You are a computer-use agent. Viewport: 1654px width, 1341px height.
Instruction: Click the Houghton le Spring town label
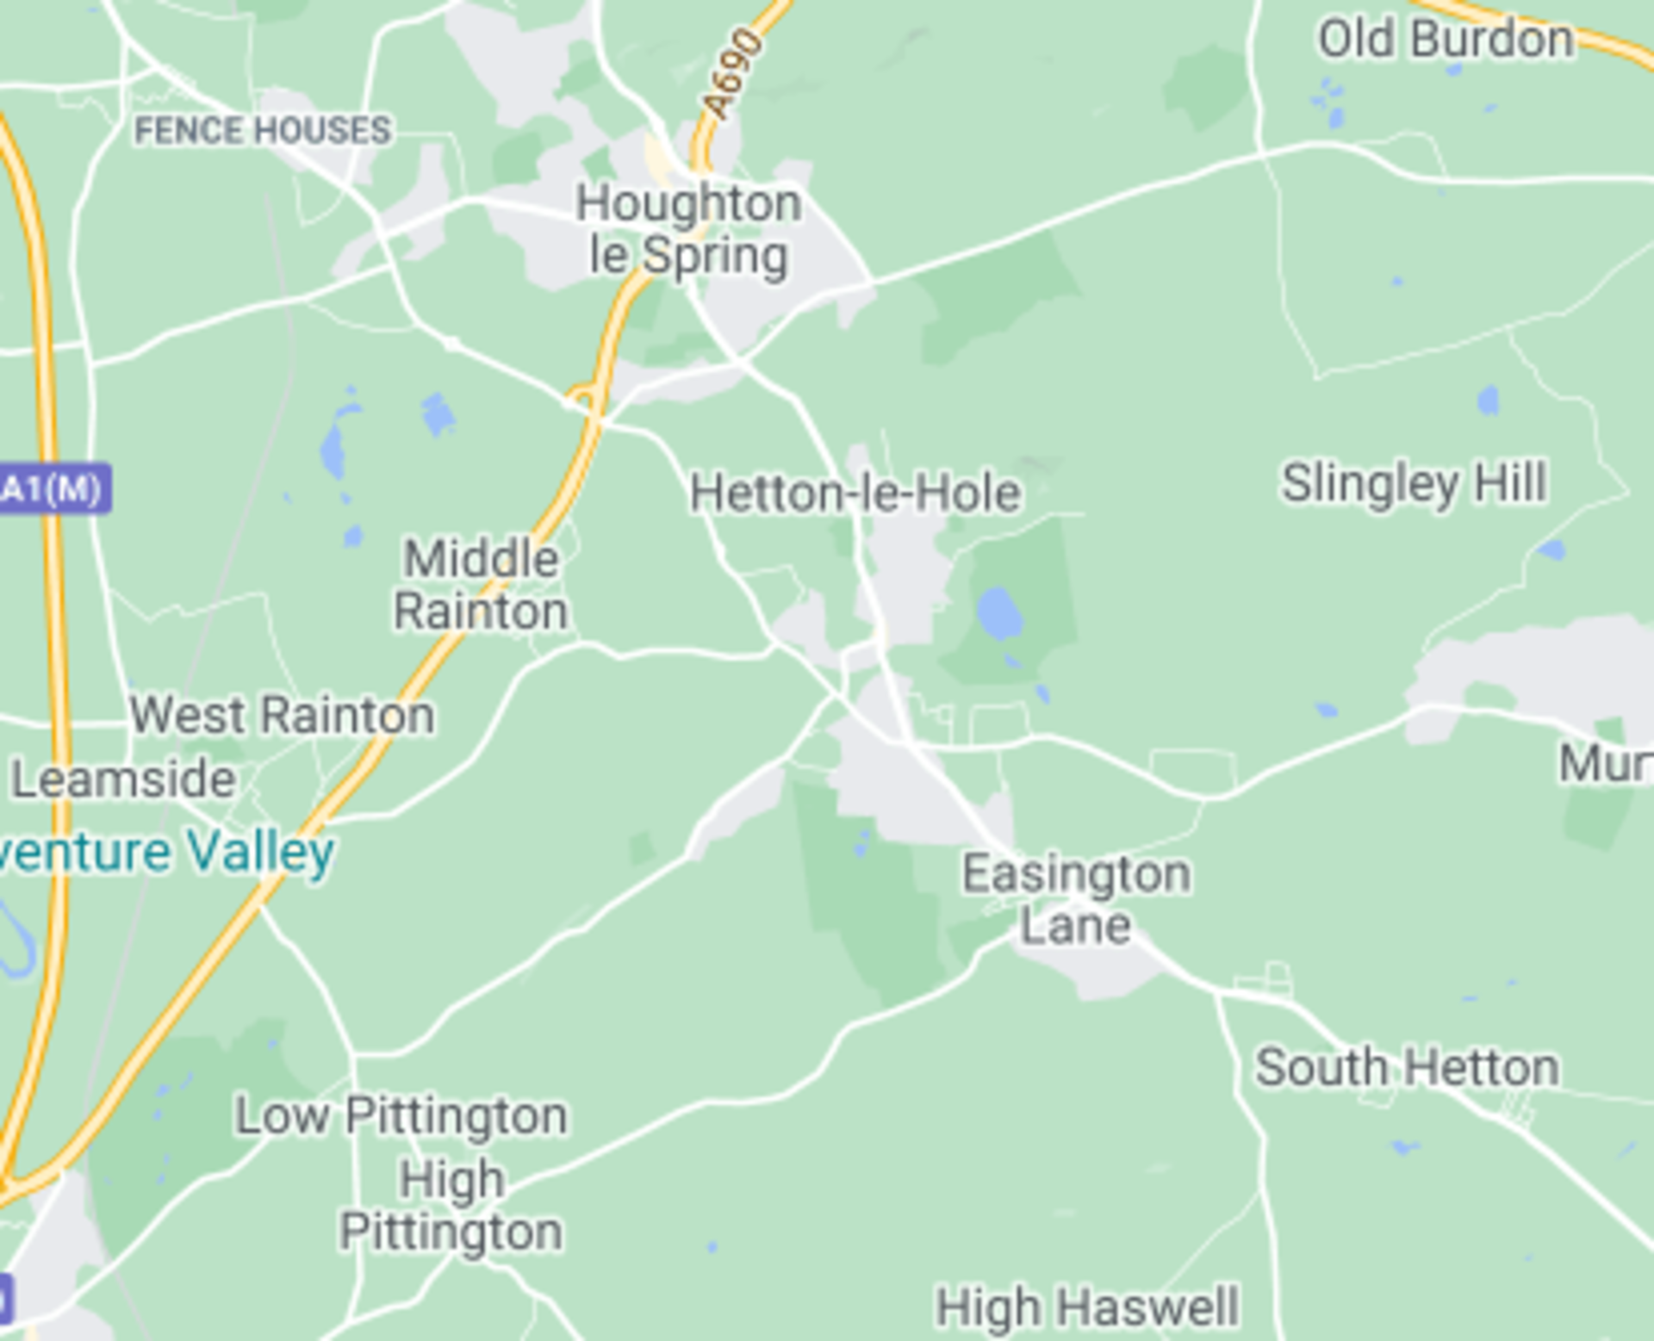[x=688, y=229]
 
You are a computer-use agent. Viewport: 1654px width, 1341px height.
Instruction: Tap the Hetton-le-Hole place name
[x=855, y=494]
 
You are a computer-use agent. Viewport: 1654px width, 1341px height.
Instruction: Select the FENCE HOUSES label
[x=263, y=131]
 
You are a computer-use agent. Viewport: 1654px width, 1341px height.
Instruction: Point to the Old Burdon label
[x=1446, y=40]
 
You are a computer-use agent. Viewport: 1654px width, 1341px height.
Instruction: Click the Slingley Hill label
[x=1414, y=483]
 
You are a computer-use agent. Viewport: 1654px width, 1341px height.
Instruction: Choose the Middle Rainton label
[x=481, y=585]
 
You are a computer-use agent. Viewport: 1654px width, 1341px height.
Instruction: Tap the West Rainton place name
[x=282, y=716]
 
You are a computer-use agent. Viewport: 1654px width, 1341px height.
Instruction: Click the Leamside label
[x=123, y=779]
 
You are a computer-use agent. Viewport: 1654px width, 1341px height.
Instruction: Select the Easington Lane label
[x=1076, y=899]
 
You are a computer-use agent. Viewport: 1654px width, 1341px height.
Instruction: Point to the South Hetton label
[x=1406, y=1068]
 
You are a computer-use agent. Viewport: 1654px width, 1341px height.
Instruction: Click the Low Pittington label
[x=401, y=1116]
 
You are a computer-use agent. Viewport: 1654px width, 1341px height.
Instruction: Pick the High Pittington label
[x=451, y=1206]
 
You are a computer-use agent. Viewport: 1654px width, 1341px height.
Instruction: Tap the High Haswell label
[x=1087, y=1307]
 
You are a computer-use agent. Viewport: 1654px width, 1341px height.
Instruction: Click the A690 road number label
[x=732, y=74]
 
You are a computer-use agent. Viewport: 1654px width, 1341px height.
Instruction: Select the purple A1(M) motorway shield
[x=53, y=488]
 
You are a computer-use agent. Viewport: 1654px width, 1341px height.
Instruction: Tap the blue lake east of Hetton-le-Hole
[x=999, y=613]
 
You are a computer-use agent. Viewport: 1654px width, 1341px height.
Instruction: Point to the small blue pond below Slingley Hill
[x=1551, y=549]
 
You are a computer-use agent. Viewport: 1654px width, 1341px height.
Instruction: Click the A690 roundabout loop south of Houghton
[x=585, y=398]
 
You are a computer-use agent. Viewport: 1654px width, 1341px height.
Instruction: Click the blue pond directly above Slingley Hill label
[x=1488, y=400]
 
